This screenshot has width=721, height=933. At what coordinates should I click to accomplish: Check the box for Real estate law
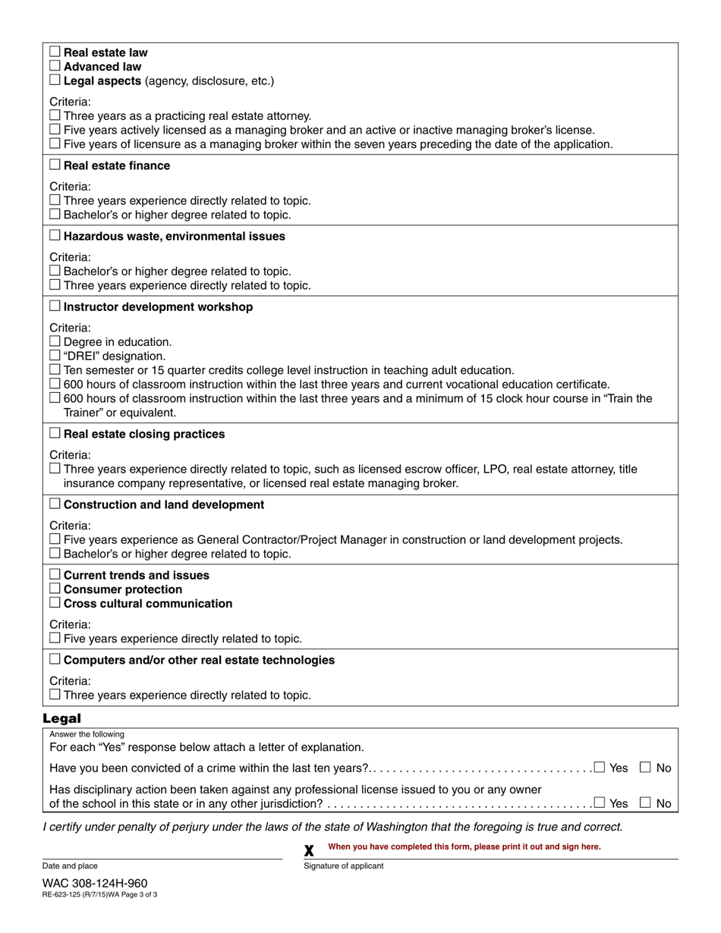(55, 52)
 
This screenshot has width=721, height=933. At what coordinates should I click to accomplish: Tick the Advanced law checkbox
(55, 66)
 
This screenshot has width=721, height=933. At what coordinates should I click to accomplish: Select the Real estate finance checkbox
(55, 165)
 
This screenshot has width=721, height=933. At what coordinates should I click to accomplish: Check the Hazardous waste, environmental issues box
(55, 235)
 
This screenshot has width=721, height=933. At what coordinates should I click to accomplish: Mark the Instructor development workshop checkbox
(55, 306)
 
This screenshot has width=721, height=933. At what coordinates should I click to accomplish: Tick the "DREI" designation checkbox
(55, 355)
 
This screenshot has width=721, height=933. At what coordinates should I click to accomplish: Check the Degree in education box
(55, 341)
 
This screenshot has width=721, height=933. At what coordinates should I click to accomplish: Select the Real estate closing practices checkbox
(55, 433)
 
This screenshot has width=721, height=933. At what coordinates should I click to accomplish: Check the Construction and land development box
(55, 504)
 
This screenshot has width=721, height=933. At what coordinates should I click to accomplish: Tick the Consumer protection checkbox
(55, 589)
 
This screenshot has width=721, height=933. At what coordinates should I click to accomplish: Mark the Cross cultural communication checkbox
(55, 603)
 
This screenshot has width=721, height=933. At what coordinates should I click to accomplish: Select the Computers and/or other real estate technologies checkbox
(55, 659)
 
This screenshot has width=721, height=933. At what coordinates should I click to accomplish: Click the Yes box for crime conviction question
(600, 767)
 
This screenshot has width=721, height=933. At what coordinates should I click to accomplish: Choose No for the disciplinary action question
(646, 803)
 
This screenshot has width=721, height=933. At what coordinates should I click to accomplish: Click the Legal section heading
(61, 718)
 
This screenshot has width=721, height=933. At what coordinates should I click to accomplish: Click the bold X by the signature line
(309, 851)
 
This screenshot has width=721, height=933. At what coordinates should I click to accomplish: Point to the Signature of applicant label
(343, 865)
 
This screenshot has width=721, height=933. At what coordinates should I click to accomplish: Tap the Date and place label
(70, 865)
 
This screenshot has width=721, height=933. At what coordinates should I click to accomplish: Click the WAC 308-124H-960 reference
(95, 883)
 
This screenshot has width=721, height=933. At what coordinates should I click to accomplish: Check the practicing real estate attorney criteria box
(55, 115)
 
